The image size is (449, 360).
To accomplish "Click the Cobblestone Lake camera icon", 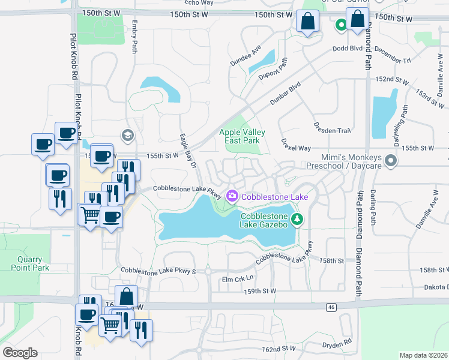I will coord(232,196).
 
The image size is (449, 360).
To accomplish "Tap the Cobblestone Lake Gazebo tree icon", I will coord(296,220).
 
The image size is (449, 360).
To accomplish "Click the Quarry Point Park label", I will coord(29,264).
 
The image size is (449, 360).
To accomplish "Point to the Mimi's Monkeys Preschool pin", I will coord(391,160).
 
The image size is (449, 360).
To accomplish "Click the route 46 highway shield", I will coord(331,307).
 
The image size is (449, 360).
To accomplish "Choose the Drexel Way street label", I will coord(296,145).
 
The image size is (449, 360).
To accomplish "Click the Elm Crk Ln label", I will coord(238,278).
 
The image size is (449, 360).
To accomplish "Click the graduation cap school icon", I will coord(127,136).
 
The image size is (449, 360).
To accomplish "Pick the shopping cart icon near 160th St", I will coord(109,325).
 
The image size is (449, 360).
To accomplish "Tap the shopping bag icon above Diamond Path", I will coord(357,19).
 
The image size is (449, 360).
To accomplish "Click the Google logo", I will coord(20,353).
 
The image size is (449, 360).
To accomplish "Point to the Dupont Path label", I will coord(274,69).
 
